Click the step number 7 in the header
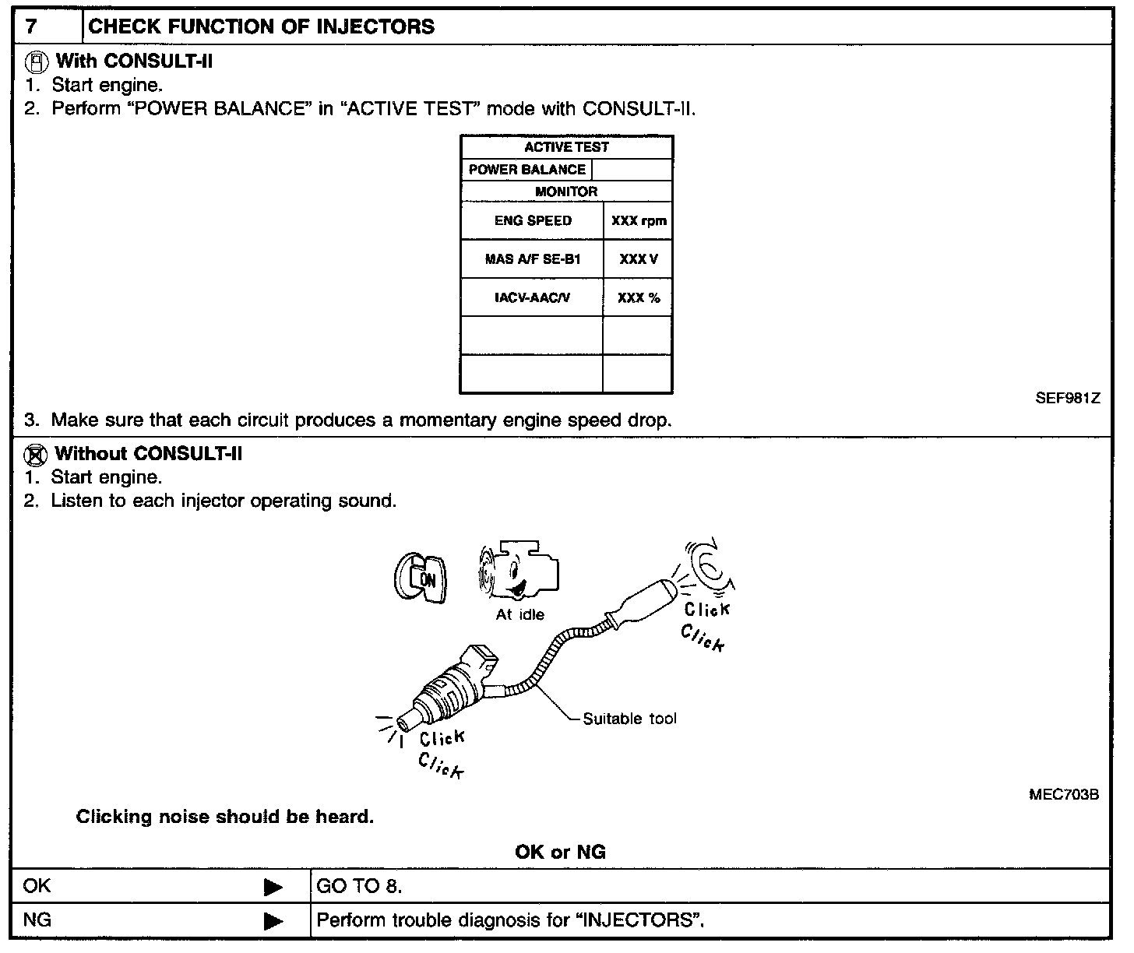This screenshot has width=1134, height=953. [x=30, y=26]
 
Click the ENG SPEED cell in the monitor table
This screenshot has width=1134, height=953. [x=533, y=220]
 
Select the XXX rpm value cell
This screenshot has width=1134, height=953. [x=639, y=220]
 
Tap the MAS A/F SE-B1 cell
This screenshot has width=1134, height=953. [x=533, y=259]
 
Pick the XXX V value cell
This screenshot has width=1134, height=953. [x=639, y=259]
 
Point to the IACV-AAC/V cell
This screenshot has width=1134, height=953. [x=533, y=297]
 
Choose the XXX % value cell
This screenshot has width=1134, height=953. [x=639, y=297]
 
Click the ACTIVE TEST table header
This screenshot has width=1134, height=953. [x=566, y=147]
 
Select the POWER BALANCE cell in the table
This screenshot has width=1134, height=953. [x=527, y=170]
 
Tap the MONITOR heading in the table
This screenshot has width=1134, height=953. [x=566, y=192]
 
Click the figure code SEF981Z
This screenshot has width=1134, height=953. [x=1067, y=398]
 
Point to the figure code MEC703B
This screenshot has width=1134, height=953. [x=1064, y=795]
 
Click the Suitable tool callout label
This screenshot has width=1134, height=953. [x=629, y=719]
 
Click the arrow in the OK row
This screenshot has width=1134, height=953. [x=273, y=887]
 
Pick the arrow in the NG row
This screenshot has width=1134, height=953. [x=273, y=921]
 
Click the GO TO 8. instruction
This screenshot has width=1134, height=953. [x=360, y=886]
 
